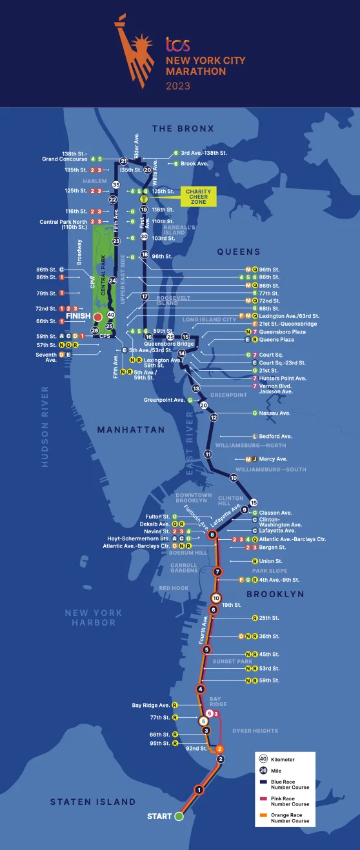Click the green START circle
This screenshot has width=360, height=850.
tap(179, 816)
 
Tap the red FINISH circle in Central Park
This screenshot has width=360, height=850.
tap(97, 317)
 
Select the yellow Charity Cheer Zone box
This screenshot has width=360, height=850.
tap(198, 197)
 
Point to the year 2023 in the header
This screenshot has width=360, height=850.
tap(179, 85)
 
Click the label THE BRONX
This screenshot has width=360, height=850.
tap(183, 129)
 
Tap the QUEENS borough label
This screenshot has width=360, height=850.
tap(238, 252)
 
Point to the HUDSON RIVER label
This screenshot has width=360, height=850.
tap(45, 426)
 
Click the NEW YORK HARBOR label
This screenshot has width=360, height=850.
tap(94, 617)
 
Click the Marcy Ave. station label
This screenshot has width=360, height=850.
tap(277, 459)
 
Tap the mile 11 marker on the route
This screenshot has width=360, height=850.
tap(208, 454)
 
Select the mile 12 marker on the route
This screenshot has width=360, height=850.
tap(214, 417)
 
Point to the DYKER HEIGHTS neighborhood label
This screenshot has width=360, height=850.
tap(255, 731)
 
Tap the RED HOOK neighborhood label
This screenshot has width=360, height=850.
tap(174, 588)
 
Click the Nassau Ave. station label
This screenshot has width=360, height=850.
tap(275, 413)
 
